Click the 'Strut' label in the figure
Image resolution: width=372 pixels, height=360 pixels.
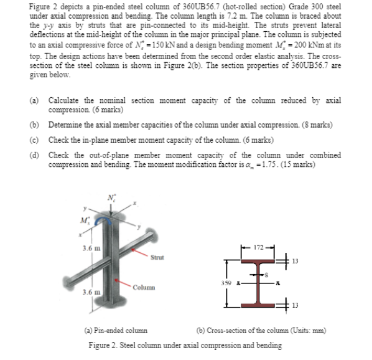pyautogui.click(x=157, y=255)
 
